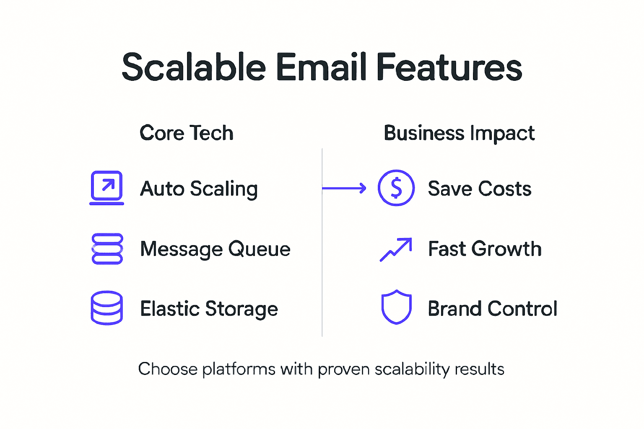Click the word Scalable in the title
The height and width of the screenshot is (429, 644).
pos(194,67)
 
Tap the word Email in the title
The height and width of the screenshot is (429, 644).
pos(321,67)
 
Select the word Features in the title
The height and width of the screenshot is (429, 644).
pos(449,67)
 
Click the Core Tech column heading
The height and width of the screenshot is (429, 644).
pos(186,133)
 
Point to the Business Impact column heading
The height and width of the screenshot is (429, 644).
pos(459,134)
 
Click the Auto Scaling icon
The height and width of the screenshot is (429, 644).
pos(107,188)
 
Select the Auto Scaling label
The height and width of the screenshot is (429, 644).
pos(199,189)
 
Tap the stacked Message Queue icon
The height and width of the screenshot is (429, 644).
pos(107,248)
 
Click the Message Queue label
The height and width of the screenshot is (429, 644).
pos(215,249)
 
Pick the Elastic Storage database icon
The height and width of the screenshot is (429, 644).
pos(107,308)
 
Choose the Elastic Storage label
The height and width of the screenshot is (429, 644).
pos(209,309)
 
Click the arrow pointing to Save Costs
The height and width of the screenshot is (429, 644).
pos(344,189)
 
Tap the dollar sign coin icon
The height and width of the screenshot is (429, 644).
pos(396,188)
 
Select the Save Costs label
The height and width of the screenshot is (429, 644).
pos(480,189)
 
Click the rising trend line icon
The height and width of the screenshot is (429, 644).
pos(396,249)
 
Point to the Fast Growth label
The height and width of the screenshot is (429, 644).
pos(485,249)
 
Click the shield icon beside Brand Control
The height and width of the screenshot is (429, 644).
pos(396,307)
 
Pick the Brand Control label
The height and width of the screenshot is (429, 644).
pos(493,309)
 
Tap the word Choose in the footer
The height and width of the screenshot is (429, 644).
pos(168,369)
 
